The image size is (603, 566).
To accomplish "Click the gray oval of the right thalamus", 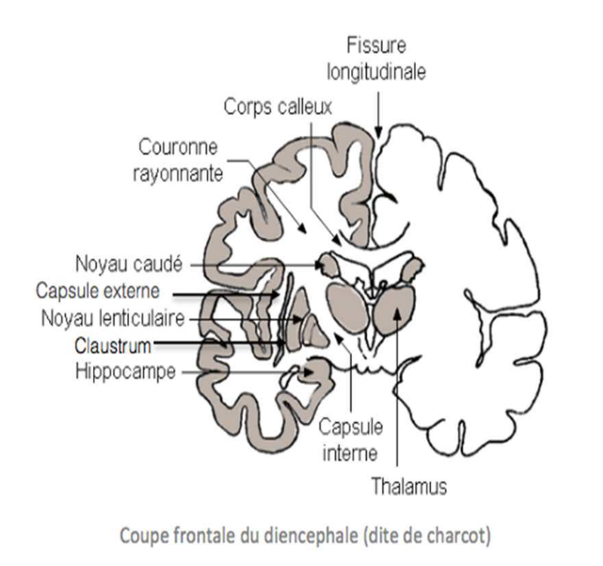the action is [397, 310].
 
